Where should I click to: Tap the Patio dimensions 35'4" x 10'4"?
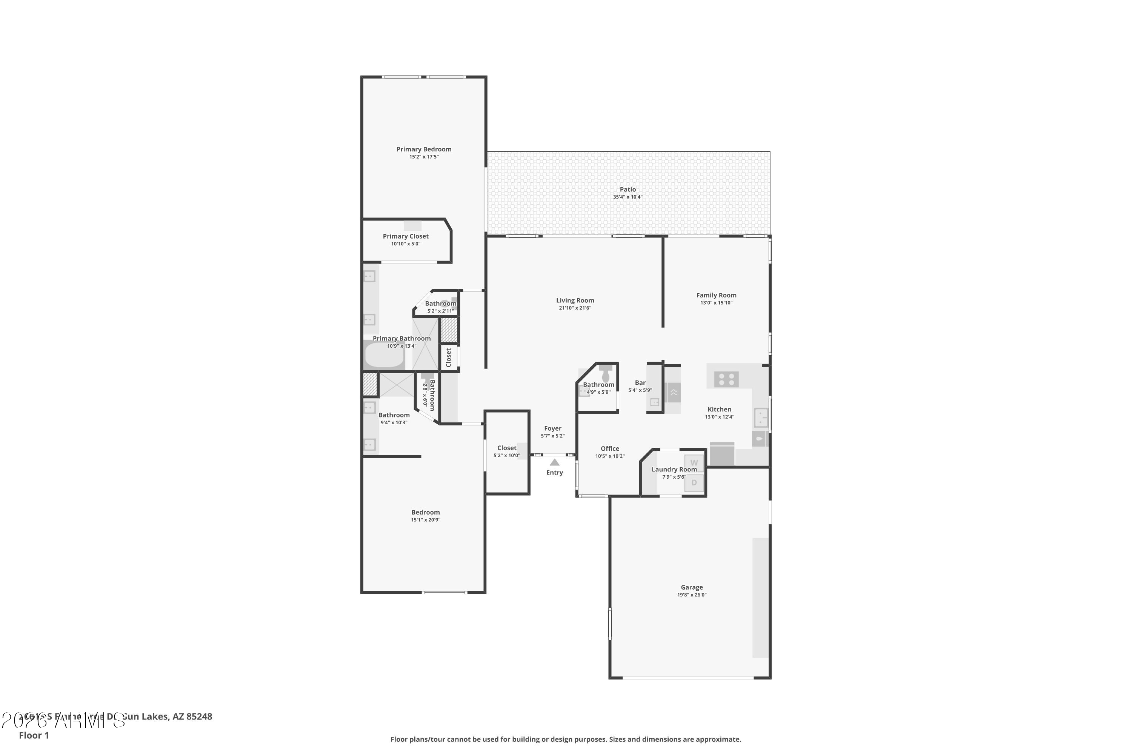627,197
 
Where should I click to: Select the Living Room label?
575,300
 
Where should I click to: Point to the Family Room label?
716,295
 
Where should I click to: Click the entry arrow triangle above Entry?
554,462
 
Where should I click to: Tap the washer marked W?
694,463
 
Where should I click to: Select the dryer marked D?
694,482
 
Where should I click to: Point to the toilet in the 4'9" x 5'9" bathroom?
606,374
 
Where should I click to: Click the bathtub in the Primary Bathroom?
384,355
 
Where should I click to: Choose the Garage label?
691,587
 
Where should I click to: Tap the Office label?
609,448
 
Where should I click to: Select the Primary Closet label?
405,236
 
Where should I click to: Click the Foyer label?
552,428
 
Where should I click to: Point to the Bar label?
640,383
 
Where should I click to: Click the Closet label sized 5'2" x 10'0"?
506,448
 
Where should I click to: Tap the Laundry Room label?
674,470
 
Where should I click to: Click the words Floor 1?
34,735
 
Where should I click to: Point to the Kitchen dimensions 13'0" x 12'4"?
719,417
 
